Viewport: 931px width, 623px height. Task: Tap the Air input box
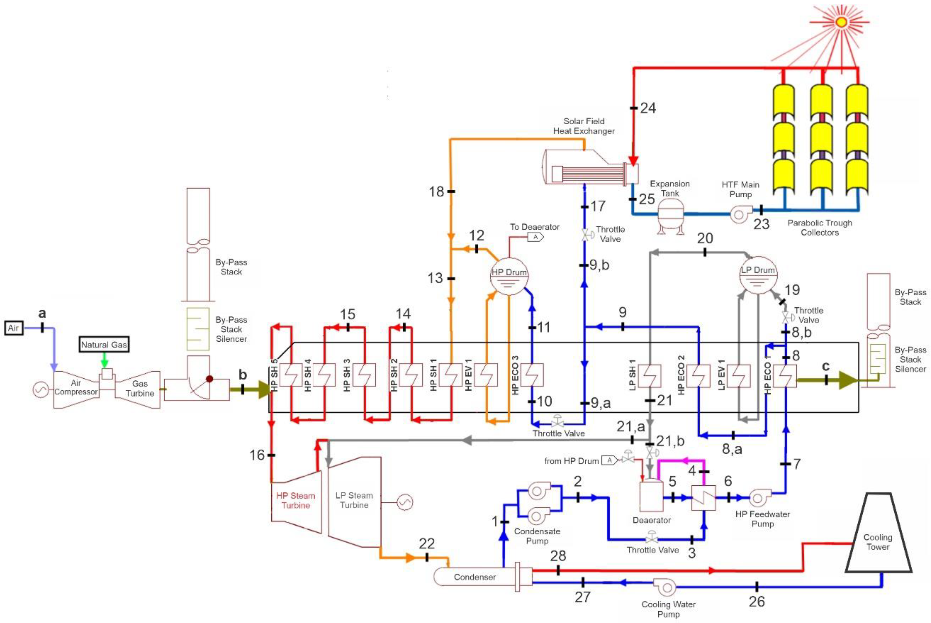pos(14,328)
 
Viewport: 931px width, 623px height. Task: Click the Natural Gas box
pos(104,345)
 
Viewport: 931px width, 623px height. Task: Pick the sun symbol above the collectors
pos(841,22)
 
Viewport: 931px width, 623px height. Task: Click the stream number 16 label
pos(257,455)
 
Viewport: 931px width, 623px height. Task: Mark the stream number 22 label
pos(427,543)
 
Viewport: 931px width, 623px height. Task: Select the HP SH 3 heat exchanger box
pos(364,375)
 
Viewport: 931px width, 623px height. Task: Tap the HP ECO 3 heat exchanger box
pos(532,375)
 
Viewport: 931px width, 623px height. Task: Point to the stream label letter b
pos(243,375)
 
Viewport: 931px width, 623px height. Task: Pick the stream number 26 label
pos(757,601)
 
